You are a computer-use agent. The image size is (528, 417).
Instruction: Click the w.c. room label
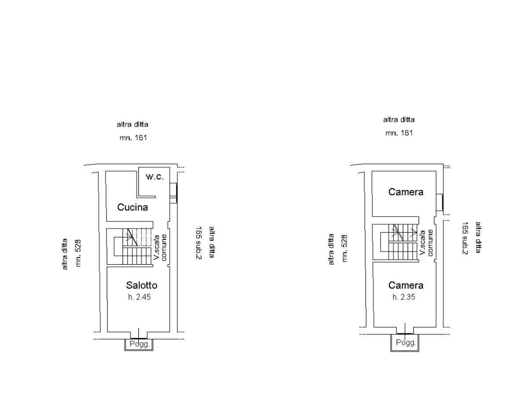click(x=155, y=177)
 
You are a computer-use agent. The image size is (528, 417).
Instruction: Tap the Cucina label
click(x=132, y=207)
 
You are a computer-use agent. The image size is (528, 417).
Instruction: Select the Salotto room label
click(x=142, y=285)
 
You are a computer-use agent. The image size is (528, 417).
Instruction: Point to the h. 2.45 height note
click(x=139, y=297)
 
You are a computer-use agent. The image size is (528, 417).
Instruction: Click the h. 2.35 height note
click(x=404, y=297)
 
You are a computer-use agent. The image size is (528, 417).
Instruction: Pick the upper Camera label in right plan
click(x=406, y=192)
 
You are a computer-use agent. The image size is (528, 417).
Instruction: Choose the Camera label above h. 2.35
click(x=406, y=285)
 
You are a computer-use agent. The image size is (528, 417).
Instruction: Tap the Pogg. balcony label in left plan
click(x=140, y=344)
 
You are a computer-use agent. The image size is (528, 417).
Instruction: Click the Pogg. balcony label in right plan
click(x=406, y=343)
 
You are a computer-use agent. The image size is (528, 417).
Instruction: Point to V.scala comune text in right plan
click(x=426, y=243)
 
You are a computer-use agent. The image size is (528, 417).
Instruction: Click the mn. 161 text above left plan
click(x=133, y=138)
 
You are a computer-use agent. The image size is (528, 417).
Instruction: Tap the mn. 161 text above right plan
click(x=399, y=132)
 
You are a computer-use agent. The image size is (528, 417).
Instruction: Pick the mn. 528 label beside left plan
click(x=79, y=253)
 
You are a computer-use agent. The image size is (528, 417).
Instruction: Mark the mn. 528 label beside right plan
click(x=345, y=248)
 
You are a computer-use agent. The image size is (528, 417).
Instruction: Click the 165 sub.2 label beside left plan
click(x=198, y=243)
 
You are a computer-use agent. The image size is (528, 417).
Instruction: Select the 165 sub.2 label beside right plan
click(x=465, y=238)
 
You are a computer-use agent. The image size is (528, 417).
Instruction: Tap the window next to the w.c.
click(x=174, y=193)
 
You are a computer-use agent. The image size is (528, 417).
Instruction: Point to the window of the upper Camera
click(x=440, y=202)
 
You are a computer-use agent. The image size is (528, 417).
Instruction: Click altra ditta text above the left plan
click(x=132, y=124)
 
